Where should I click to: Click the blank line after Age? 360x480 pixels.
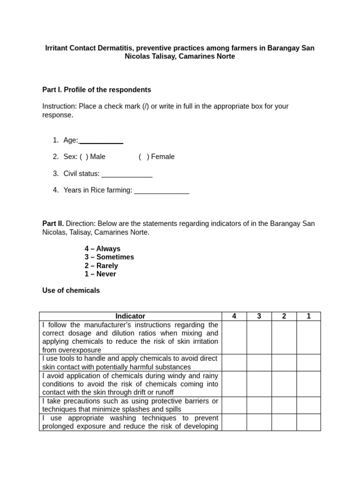tap(101, 140)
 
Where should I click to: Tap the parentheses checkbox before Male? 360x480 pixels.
tap(84, 157)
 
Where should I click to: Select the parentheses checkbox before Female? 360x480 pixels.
tap(144, 157)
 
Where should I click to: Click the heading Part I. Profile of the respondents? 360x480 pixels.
tap(97, 90)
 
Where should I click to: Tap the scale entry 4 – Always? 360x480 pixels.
tap(103, 248)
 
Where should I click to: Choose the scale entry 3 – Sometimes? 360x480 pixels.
tap(109, 257)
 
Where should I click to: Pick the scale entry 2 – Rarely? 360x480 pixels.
tap(101, 265)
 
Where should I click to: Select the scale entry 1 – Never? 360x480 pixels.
tap(100, 274)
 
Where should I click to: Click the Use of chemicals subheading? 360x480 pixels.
tap(71, 291)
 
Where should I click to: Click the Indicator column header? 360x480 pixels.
tap(130, 316)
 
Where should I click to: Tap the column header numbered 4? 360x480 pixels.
tap(234, 316)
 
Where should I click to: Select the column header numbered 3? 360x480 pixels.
tap(259, 316)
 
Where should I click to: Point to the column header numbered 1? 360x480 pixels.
tap(308, 316)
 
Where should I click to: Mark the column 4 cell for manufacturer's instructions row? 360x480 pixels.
tap(234, 337)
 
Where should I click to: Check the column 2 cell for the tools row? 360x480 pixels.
tap(284, 363)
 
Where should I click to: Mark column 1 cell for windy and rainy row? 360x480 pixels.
tap(308, 384)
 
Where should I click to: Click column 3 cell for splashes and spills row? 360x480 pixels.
tap(259, 405)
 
